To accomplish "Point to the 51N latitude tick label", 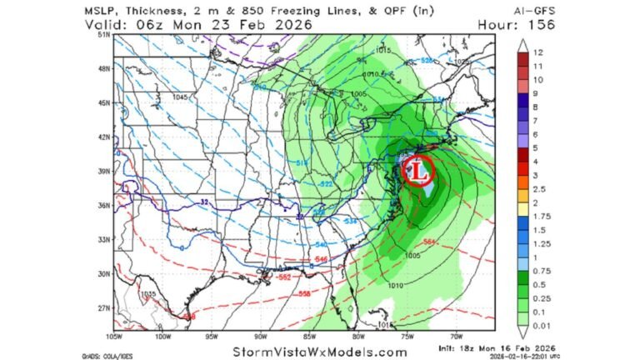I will click(x=104, y=36).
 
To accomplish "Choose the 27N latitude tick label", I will click(x=104, y=307).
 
